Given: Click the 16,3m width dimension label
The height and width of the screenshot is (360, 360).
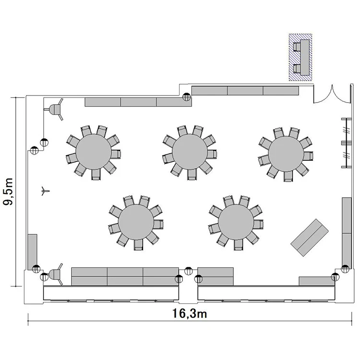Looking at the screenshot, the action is tap(190, 313).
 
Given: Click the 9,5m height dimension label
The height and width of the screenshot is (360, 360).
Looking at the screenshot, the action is tap(8, 192).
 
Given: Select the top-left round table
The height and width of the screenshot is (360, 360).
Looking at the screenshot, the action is tap(94, 152).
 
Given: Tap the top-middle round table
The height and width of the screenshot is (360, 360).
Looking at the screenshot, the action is tap(190, 152).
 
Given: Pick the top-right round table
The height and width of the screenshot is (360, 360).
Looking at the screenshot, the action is tap(286, 154).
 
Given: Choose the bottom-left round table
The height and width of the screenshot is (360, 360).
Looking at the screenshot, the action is tap(136, 222).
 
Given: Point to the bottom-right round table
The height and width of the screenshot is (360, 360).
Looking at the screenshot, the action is tap(236, 222).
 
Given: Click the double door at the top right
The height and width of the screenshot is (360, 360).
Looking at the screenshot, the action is tap(332, 94).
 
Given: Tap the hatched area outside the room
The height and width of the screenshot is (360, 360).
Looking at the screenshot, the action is tap(300, 57).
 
